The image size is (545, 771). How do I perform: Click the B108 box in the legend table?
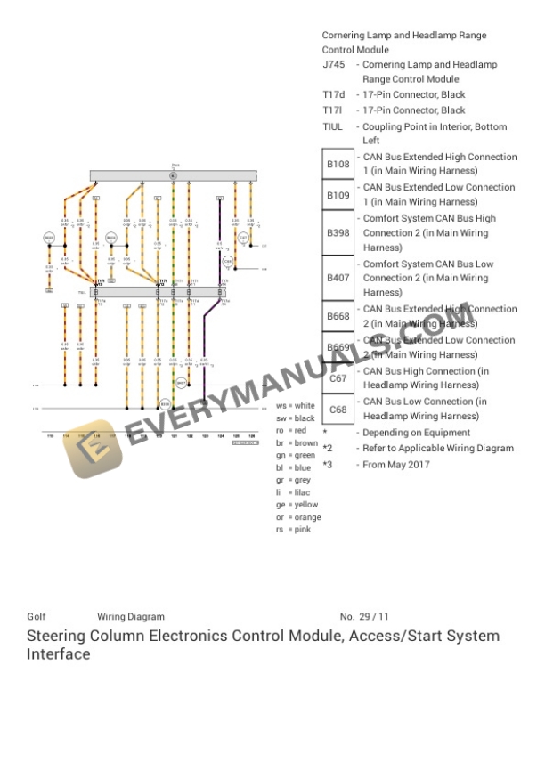click(338, 165)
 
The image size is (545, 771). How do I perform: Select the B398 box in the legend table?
click(338, 233)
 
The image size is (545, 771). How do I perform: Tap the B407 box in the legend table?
click(338, 278)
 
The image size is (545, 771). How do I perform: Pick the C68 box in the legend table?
click(338, 410)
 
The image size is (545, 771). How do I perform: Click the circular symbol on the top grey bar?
click(174, 176)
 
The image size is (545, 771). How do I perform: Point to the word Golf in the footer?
click(37, 617)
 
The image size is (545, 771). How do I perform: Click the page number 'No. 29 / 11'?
click(364, 617)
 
